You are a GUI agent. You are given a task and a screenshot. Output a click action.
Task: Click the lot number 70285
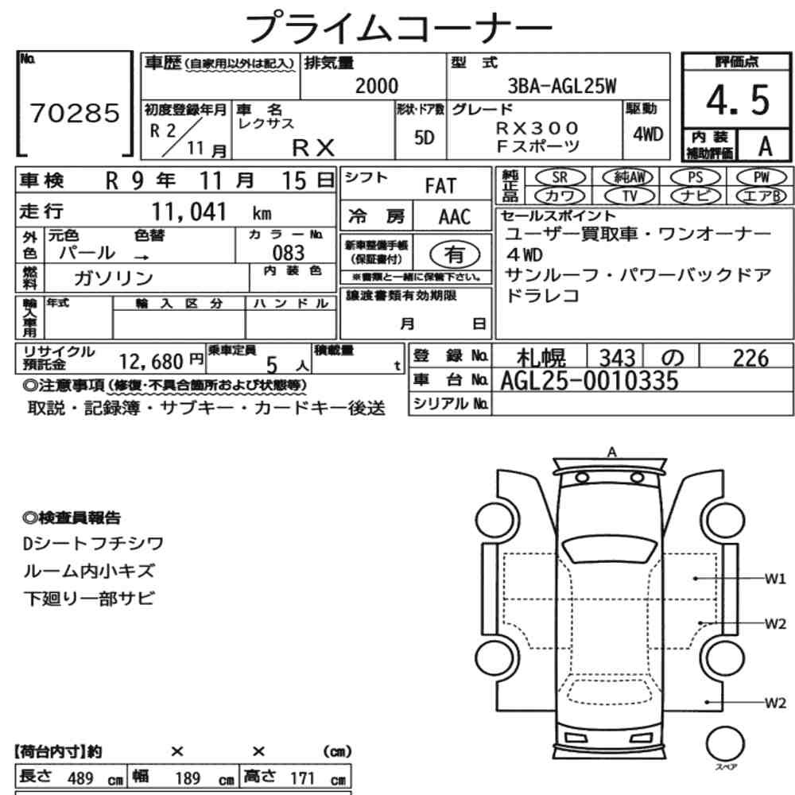75,113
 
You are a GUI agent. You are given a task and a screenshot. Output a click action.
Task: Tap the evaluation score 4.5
738,100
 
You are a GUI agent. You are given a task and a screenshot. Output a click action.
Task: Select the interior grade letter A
765,146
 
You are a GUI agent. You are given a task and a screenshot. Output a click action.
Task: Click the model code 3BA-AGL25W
562,86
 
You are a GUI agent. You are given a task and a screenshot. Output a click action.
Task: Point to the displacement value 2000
377,86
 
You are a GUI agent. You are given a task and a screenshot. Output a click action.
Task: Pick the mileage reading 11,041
189,211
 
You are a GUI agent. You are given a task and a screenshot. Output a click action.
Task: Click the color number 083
289,253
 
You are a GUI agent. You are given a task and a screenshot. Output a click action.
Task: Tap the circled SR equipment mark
560,177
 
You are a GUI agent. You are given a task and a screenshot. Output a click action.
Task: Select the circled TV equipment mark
629,196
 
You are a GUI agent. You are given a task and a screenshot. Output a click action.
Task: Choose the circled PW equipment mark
761,177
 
